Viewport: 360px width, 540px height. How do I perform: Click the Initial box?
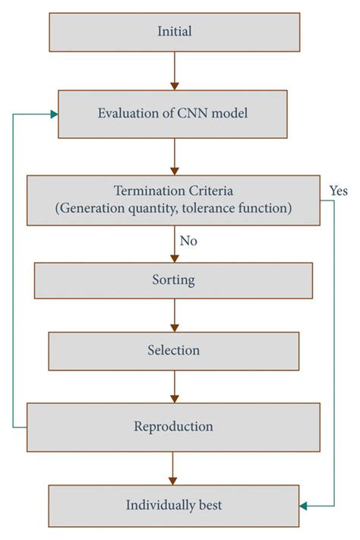174,32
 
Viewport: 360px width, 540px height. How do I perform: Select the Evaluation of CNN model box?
174,114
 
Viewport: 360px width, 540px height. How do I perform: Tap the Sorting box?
174,280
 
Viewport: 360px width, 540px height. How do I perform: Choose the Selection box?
174,350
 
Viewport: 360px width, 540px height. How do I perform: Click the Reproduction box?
174,426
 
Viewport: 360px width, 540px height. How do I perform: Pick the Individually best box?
174,505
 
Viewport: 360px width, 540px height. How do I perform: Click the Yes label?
338,191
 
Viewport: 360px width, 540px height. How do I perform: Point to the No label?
188,241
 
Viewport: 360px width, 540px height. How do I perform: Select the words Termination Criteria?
174,190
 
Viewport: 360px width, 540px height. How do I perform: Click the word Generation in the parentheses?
89,207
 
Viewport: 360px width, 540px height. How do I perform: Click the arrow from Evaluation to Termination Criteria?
174,156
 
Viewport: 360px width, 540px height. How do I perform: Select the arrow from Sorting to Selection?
174,314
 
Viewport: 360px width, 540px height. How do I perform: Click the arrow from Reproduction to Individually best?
174,467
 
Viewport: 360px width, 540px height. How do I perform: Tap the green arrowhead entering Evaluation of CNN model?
54,114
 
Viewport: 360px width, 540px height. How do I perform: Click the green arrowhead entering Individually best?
304,505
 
